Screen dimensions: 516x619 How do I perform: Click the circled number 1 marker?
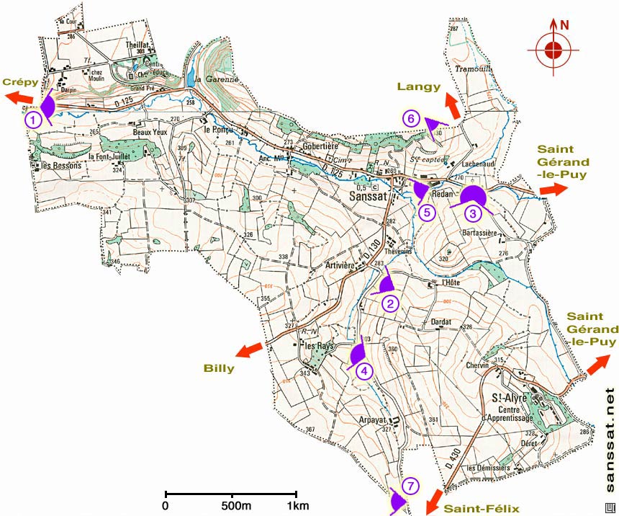(33, 120)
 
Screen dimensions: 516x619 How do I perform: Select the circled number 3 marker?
(472, 213)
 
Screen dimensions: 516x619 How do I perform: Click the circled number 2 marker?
(389, 303)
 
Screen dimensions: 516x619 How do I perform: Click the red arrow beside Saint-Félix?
(434, 500)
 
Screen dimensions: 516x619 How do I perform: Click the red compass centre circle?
(553, 50)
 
